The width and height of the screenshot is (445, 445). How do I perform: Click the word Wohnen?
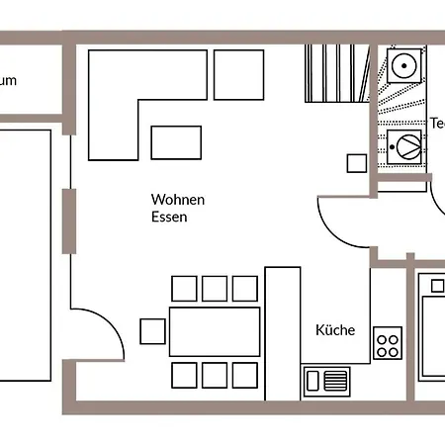(178, 199)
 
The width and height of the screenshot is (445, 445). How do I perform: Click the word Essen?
(170, 217)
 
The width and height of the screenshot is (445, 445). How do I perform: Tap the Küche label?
(334, 331)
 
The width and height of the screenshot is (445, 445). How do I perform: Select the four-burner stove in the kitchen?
(388, 345)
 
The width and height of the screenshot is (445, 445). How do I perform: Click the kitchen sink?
(327, 380)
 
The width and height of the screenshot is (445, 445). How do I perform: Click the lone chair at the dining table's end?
(152, 331)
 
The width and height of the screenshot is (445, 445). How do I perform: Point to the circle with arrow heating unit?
(406, 146)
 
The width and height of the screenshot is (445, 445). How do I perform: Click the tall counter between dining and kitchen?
(282, 332)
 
